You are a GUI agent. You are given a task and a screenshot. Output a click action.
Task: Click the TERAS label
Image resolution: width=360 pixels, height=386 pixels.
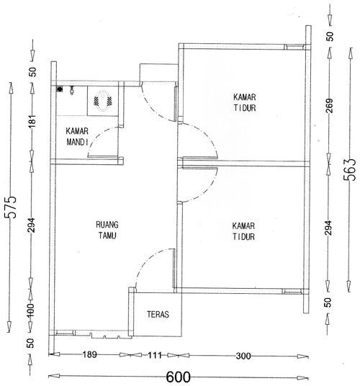click(x=158, y=315)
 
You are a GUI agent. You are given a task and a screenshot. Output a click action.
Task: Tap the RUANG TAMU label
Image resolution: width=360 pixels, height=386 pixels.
click(x=107, y=230)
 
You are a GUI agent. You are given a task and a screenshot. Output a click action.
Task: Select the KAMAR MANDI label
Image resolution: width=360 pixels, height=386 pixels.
click(x=77, y=137)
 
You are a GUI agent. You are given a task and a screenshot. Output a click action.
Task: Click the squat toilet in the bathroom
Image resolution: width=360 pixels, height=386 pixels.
click(x=103, y=100)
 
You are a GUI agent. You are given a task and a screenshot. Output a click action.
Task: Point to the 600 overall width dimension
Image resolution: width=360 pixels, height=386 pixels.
click(x=179, y=377)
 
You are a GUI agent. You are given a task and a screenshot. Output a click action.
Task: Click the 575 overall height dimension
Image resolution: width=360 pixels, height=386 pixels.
click(x=11, y=207)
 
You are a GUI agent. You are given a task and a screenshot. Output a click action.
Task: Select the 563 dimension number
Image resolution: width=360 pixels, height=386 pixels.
click(x=350, y=170)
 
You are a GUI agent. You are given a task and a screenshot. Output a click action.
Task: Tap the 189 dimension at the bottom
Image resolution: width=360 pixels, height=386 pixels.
click(x=89, y=355)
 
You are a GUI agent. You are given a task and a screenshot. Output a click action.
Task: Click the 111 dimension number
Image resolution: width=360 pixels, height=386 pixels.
click(x=155, y=355)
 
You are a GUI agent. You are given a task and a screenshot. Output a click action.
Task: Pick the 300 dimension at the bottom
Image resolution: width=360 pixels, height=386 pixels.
click(x=243, y=356)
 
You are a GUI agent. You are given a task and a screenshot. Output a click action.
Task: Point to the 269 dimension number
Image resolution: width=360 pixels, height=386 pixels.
click(x=329, y=106)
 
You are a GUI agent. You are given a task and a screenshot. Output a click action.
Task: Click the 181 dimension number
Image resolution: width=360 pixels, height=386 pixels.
click(x=32, y=121)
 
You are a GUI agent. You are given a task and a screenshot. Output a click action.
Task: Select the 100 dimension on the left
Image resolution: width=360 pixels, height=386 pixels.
click(x=30, y=310)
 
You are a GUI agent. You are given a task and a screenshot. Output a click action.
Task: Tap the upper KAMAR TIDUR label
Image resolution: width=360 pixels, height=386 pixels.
click(x=245, y=102)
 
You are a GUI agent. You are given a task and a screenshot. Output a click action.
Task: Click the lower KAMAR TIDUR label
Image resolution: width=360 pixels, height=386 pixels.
click(x=243, y=231)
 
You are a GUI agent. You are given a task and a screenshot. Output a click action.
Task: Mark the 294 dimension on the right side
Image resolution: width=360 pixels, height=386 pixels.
click(x=328, y=228)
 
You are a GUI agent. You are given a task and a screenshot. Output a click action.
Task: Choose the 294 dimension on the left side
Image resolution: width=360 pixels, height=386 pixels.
click(x=31, y=225)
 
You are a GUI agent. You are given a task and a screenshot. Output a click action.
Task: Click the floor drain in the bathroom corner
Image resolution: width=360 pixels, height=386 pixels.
click(x=60, y=89)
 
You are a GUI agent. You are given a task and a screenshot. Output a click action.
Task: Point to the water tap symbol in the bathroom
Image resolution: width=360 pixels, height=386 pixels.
click(x=71, y=90)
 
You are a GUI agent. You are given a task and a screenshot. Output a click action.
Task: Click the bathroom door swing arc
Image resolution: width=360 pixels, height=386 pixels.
click(x=95, y=137)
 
